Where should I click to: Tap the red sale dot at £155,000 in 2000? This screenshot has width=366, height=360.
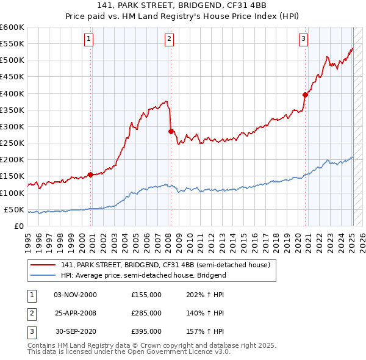pyautogui.click(x=91, y=175)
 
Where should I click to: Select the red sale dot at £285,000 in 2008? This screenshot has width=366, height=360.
pyautogui.click(x=171, y=131)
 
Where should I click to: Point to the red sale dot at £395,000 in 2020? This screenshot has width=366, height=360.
pyautogui.click(x=306, y=95)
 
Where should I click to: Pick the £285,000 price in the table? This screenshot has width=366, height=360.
pyautogui.click(x=146, y=313)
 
